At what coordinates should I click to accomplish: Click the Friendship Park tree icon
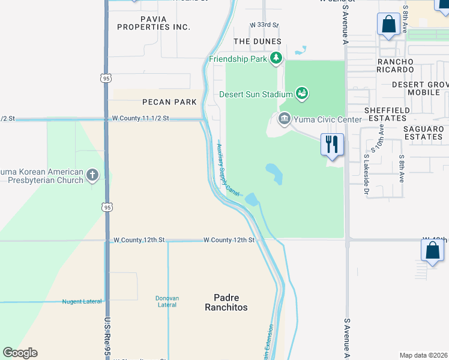coord(276,58)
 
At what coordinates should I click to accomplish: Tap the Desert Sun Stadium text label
coord(255,94)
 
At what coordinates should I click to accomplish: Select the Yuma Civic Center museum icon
coord(284,119)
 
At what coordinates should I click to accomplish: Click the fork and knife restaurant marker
coord(332,145)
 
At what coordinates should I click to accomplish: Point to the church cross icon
coord(92,175)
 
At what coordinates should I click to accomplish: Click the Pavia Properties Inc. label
coord(154,23)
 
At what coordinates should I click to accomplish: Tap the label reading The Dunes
coord(257,41)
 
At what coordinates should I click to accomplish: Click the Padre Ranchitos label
coord(231,302)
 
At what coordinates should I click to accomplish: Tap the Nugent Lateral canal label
coord(82,301)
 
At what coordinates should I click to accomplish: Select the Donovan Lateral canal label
coord(167,301)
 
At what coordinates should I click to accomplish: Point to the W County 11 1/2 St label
coord(140,119)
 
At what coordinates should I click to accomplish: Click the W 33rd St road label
coord(264,25)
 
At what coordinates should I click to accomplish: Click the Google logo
coord(20,353)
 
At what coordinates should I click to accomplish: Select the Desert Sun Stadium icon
coord(302,93)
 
